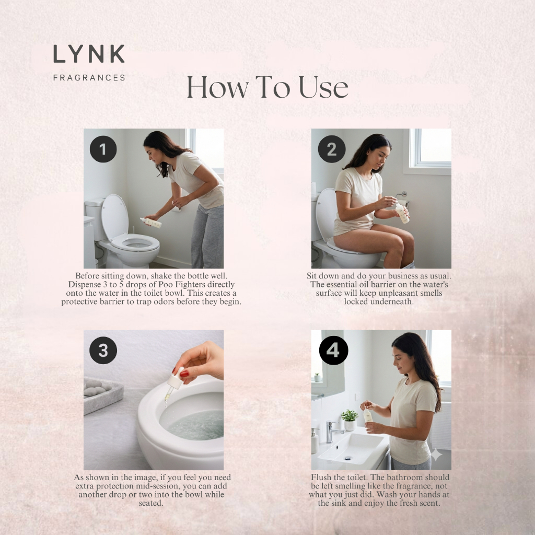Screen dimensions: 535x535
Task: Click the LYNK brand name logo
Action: (x=89, y=54)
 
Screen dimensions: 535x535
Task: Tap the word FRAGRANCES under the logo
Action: (x=89, y=78)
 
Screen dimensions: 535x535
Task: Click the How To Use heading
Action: (x=267, y=87)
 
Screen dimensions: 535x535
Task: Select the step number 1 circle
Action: (x=103, y=149)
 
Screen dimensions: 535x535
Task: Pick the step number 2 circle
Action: (x=332, y=149)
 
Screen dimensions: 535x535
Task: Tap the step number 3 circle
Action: (x=103, y=351)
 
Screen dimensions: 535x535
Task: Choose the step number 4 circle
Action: (x=333, y=351)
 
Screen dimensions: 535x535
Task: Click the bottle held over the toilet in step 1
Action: (x=151, y=223)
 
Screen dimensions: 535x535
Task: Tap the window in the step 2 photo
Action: (x=430, y=149)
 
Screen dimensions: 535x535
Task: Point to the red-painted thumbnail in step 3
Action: (x=184, y=374)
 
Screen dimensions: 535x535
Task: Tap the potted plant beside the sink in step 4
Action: (x=350, y=420)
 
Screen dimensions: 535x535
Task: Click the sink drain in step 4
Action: (x=347, y=458)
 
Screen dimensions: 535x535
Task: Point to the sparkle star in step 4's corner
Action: (x=436, y=455)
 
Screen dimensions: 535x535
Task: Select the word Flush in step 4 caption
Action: (x=321, y=478)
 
